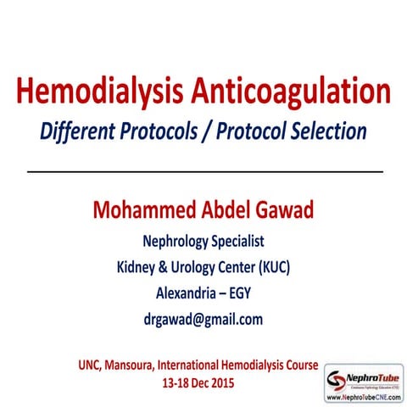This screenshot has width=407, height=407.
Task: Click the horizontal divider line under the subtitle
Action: (203, 171)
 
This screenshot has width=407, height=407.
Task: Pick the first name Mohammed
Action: (137, 209)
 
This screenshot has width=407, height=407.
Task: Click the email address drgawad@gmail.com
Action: (203, 320)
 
